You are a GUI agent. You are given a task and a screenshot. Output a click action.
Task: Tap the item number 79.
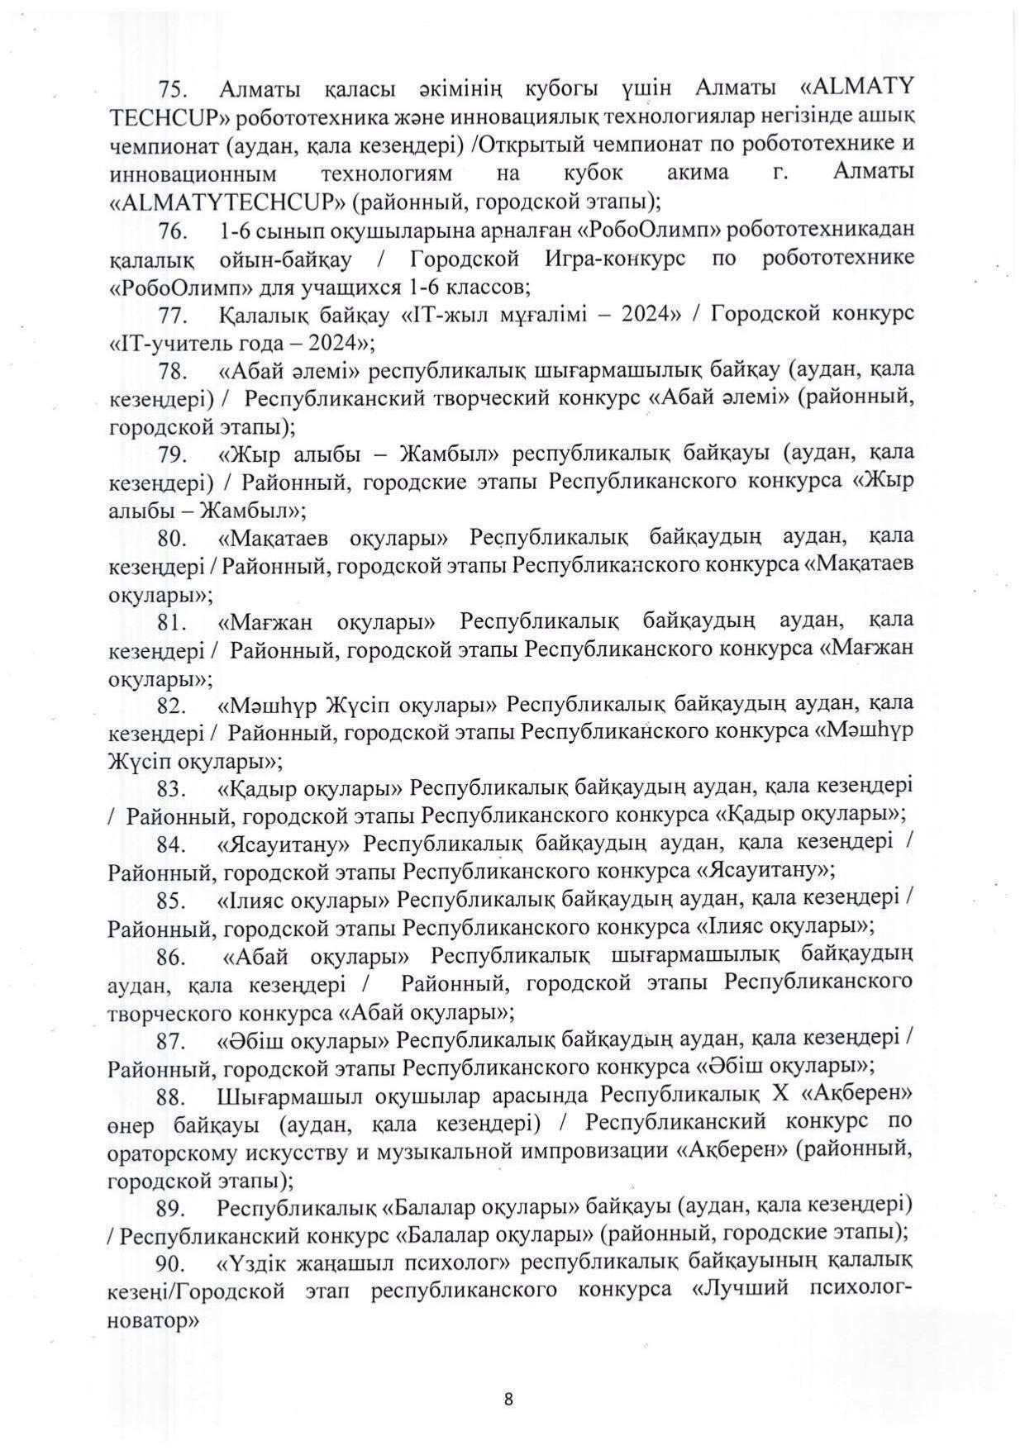[x=174, y=454]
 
